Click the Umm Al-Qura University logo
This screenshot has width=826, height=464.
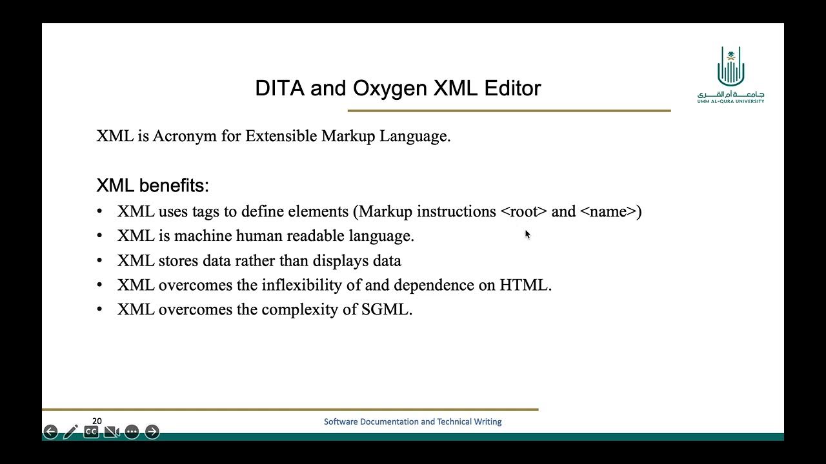click(x=730, y=75)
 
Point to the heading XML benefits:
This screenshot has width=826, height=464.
click(x=152, y=186)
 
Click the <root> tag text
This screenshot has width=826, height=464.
click(x=523, y=212)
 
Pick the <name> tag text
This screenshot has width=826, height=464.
click(x=608, y=212)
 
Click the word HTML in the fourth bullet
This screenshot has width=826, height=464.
click(x=523, y=285)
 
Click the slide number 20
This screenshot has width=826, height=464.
click(x=97, y=421)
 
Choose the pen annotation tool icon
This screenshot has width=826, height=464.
click(x=70, y=432)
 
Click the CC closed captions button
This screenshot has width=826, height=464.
click(x=91, y=432)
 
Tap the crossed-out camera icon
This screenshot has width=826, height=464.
click(x=112, y=432)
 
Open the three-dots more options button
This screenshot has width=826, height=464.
click(x=132, y=432)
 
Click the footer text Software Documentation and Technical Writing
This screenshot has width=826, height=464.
click(x=412, y=421)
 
